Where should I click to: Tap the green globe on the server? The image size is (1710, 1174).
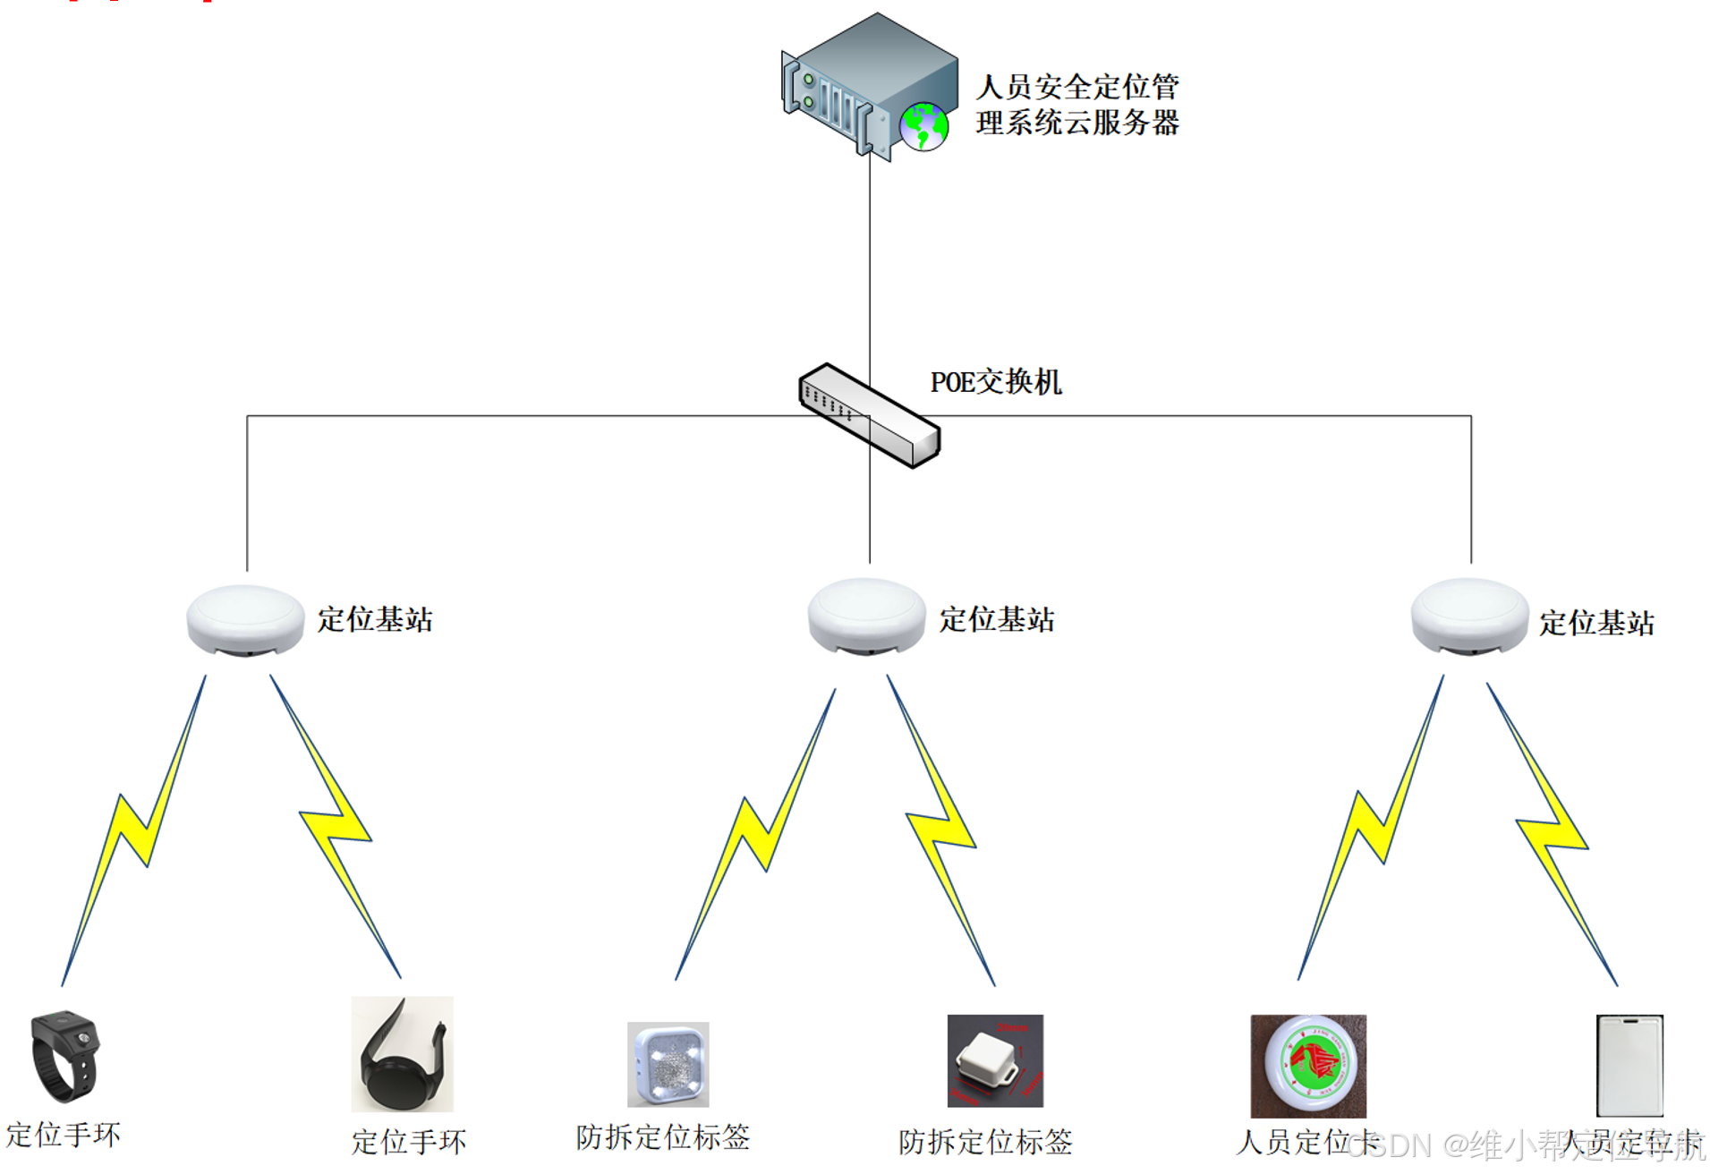923,127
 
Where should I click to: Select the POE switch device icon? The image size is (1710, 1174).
869,415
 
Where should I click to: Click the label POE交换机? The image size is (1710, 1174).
995,382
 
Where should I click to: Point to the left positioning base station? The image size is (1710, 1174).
245,619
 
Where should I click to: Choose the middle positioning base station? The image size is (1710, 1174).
866,616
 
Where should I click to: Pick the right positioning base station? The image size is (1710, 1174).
1469,616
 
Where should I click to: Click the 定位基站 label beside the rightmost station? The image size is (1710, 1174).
1596,623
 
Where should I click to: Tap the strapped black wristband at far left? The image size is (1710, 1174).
64,1056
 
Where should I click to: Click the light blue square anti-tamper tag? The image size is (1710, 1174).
668,1065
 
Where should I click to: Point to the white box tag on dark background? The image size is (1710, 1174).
995,1061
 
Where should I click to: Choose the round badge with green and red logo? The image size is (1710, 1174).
1308,1065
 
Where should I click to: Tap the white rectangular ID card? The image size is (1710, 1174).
1629,1065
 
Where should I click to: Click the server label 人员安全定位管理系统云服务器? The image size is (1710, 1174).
1077,105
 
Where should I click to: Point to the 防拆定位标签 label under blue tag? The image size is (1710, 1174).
662,1137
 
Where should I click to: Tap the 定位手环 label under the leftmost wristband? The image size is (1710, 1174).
64,1135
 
